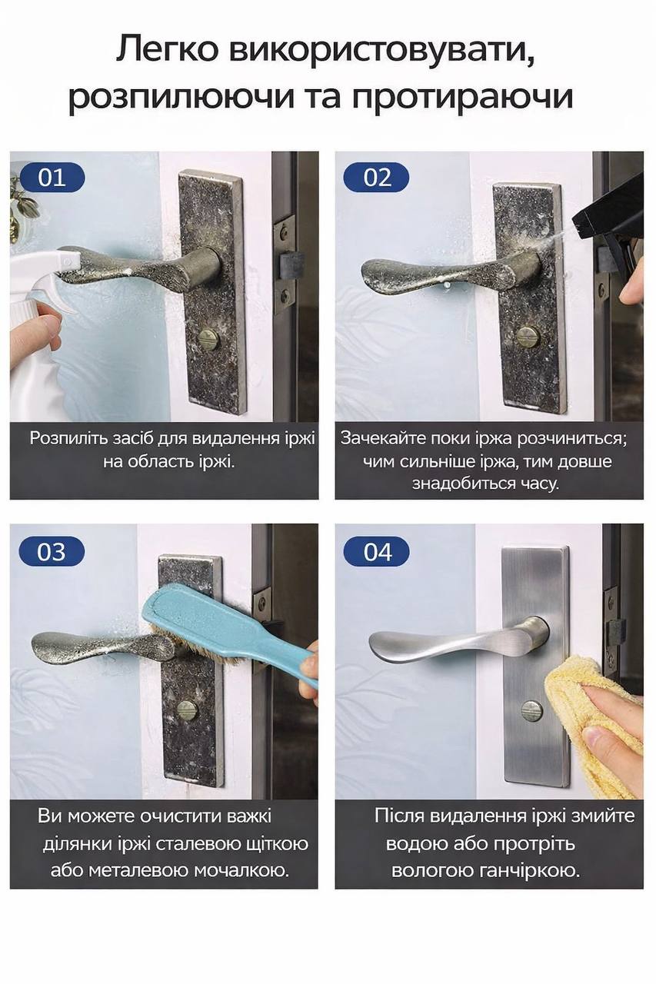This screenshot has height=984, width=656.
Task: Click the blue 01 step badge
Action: tap(52, 178)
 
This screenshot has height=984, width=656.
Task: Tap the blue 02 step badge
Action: tap(377, 178)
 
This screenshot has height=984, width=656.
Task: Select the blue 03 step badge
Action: tap(52, 552)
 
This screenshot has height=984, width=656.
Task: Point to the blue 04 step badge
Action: tap(377, 552)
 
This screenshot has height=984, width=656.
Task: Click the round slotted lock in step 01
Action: tap(208, 338)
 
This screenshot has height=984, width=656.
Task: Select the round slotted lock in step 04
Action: tap(531, 711)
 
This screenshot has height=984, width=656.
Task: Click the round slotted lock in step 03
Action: tap(187, 708)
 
